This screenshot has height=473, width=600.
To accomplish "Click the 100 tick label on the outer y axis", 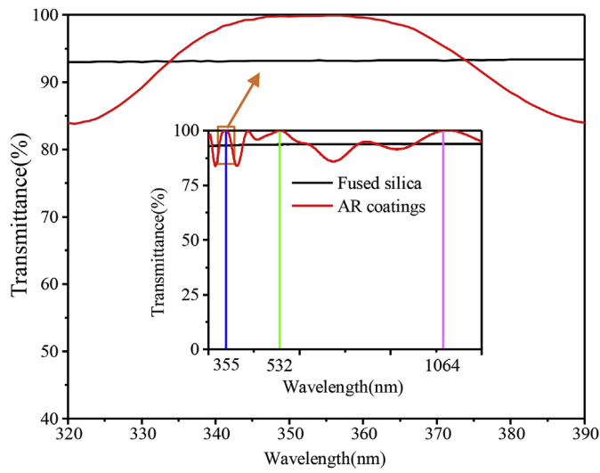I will pos(45,16).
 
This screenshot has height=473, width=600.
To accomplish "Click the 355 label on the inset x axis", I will pos(226,366).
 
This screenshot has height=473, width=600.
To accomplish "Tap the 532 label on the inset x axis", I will pos(280,366).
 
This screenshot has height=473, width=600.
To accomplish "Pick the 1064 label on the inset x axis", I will pos(442,366).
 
